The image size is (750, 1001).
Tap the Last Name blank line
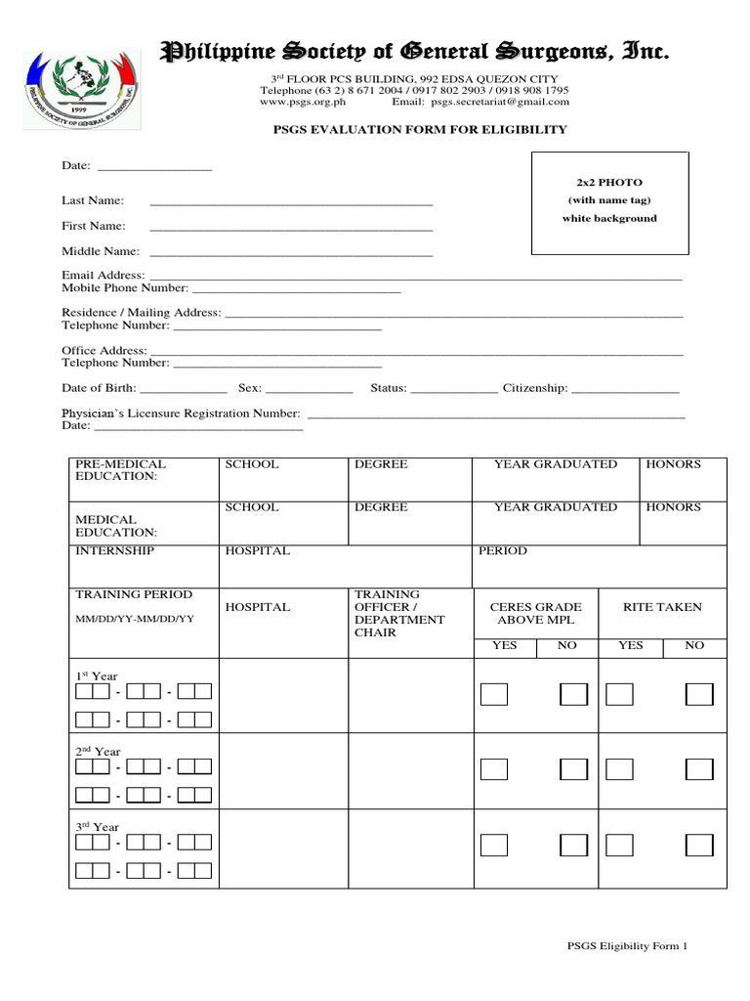click(x=290, y=203)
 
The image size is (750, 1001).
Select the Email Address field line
click(x=414, y=279)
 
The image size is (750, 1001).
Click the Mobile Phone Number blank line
click(x=296, y=291)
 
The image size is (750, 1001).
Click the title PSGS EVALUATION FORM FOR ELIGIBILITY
click(x=419, y=130)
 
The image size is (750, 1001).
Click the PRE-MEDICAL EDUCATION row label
click(x=121, y=470)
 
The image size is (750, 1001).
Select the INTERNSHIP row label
click(x=114, y=551)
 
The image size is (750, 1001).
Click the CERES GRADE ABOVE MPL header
click(x=535, y=613)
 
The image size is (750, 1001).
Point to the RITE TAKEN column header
click(x=662, y=607)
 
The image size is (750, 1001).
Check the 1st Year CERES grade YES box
click(x=494, y=694)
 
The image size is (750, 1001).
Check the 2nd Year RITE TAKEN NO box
click(x=699, y=769)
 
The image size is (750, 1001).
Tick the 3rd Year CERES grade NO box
click(x=573, y=845)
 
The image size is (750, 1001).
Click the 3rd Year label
click(x=98, y=827)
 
